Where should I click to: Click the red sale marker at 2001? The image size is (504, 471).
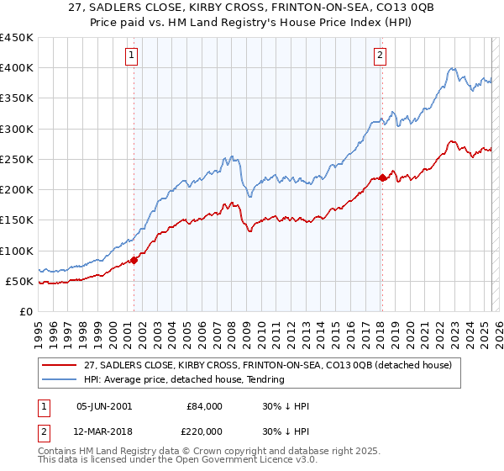[x=134, y=260]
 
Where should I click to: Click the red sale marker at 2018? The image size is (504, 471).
[x=382, y=177]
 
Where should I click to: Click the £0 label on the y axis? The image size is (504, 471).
[x=25, y=311]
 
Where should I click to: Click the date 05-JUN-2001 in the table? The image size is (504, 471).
[x=104, y=405]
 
